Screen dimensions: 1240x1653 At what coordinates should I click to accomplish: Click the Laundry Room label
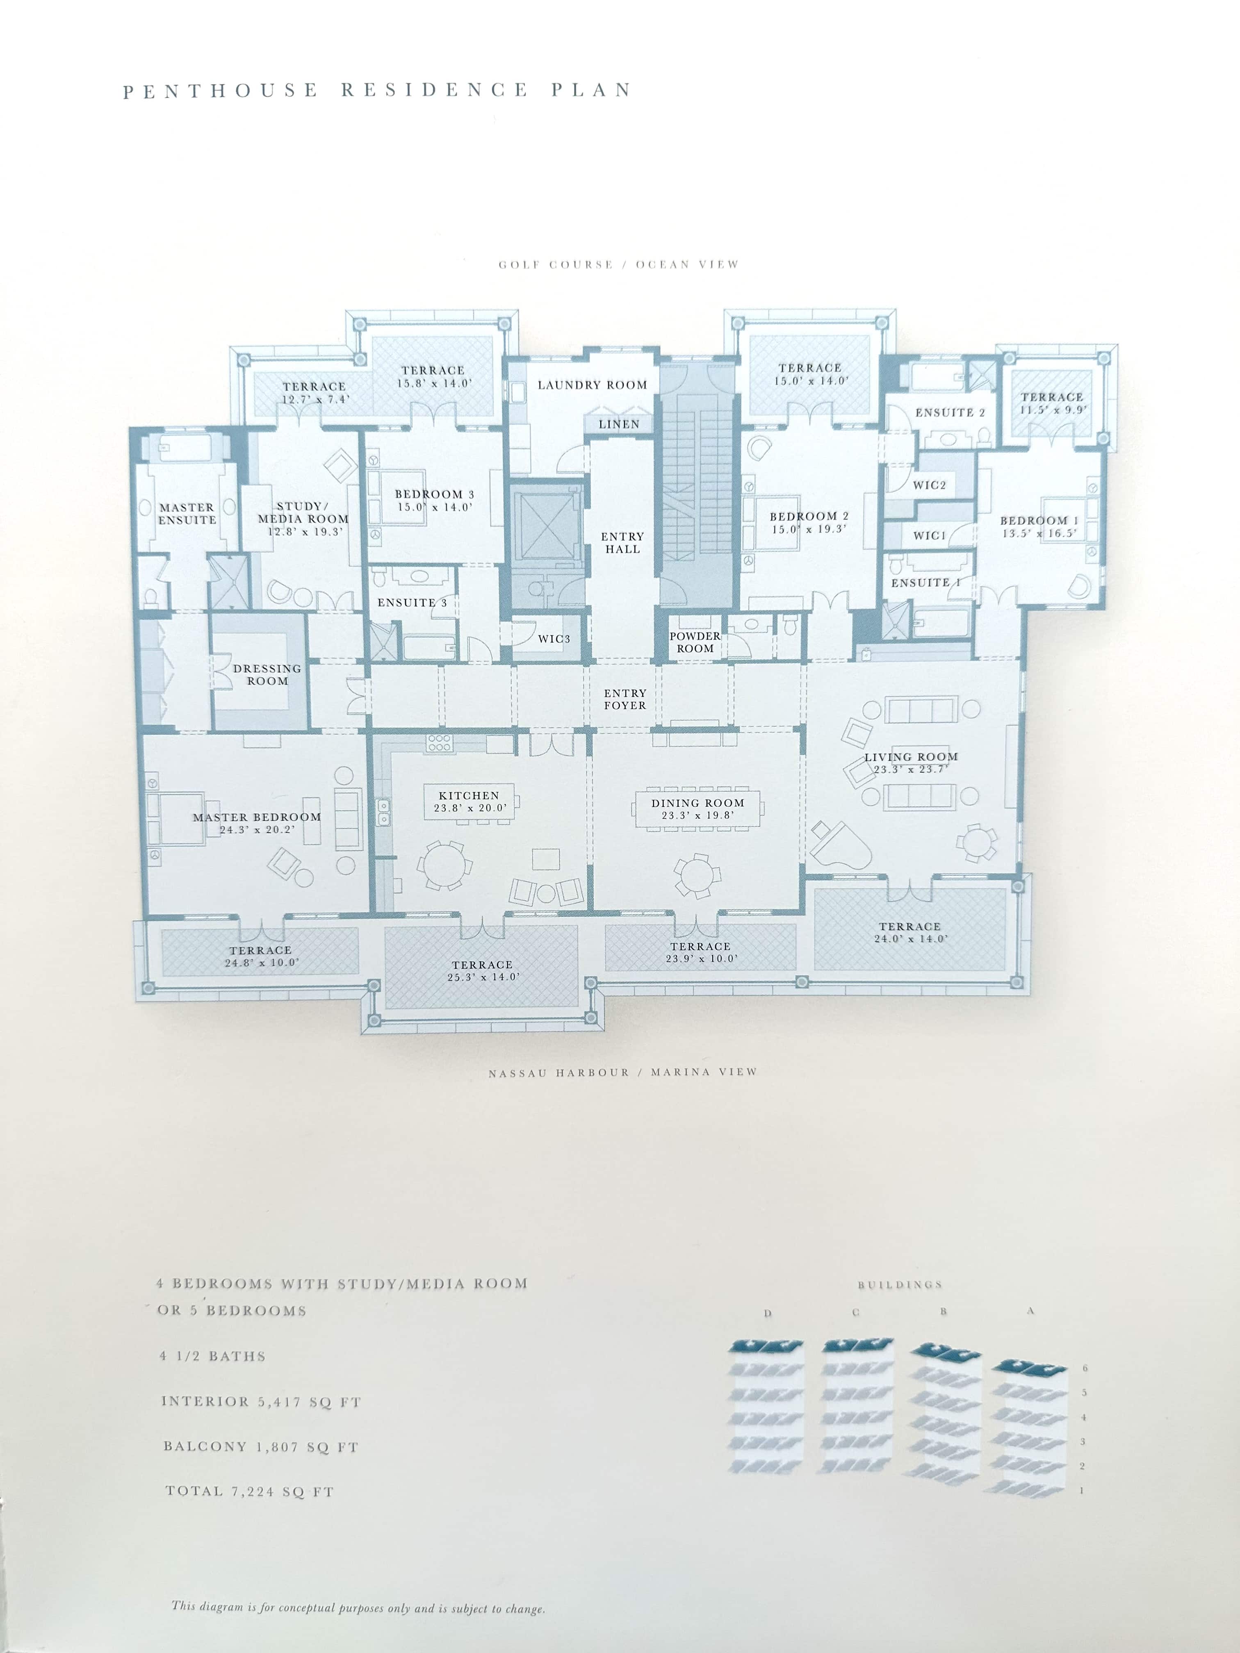[592, 385]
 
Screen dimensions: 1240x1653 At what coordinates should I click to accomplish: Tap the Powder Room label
[695, 642]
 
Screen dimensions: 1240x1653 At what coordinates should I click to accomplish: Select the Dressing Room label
[267, 675]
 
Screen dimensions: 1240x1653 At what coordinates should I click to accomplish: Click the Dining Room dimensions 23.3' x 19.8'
[697, 815]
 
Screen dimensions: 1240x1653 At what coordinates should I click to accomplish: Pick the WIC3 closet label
[554, 639]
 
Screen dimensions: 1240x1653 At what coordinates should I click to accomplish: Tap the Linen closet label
[619, 424]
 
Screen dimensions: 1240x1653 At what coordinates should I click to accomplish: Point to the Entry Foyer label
[625, 699]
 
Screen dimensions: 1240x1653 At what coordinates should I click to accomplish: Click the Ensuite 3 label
[412, 602]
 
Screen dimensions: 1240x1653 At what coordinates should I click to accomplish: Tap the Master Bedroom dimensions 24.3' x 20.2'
[257, 829]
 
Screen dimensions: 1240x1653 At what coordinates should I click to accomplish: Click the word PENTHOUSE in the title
[221, 91]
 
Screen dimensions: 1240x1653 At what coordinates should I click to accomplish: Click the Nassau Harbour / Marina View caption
[622, 1072]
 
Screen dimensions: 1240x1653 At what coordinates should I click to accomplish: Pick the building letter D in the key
[768, 1313]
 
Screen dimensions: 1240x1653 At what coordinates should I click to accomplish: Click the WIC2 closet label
[929, 485]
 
